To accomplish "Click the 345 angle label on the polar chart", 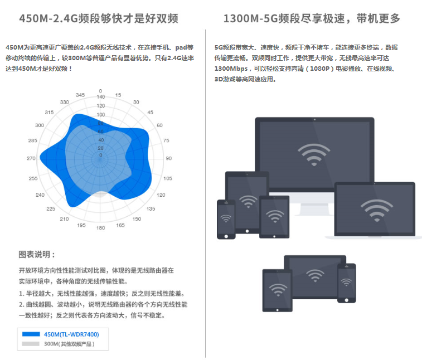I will tap(80, 95).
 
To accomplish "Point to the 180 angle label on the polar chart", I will tap(100, 228).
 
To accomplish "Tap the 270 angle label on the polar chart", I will tap(31, 159).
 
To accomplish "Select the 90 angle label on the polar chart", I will tap(169, 159).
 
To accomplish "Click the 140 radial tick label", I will tap(100, 97).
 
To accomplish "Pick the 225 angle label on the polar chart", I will tap(51, 209).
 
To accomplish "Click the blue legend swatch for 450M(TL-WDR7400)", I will tap(31, 334).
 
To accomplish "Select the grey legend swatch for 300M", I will tap(31, 344).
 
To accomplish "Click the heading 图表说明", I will tap(37, 255).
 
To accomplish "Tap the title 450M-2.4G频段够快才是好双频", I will tap(99, 19).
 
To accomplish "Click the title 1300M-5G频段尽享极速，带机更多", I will tap(312, 19).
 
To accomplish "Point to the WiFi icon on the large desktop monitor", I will tap(314, 154).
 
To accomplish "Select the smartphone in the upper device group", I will tap(226, 218).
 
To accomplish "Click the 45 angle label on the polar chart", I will tap(150, 112).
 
